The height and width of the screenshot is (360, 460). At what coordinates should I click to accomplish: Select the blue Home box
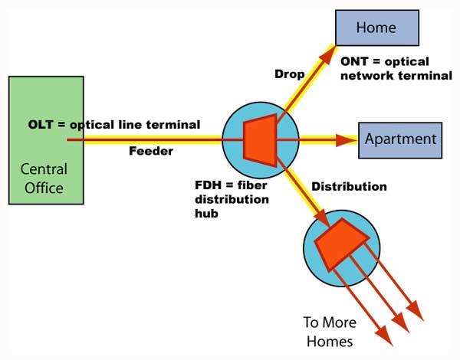point(376,28)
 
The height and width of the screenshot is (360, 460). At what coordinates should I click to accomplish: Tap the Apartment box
point(400,139)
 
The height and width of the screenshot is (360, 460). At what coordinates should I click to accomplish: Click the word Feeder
point(150,151)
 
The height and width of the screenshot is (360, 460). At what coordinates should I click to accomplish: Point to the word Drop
point(289,74)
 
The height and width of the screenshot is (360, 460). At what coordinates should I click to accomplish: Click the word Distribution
point(349,186)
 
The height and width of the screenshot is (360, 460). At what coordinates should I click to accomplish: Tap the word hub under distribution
point(205,214)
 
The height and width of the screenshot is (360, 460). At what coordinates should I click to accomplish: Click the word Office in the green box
point(44,187)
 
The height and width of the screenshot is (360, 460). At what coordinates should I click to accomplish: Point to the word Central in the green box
point(44,169)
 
